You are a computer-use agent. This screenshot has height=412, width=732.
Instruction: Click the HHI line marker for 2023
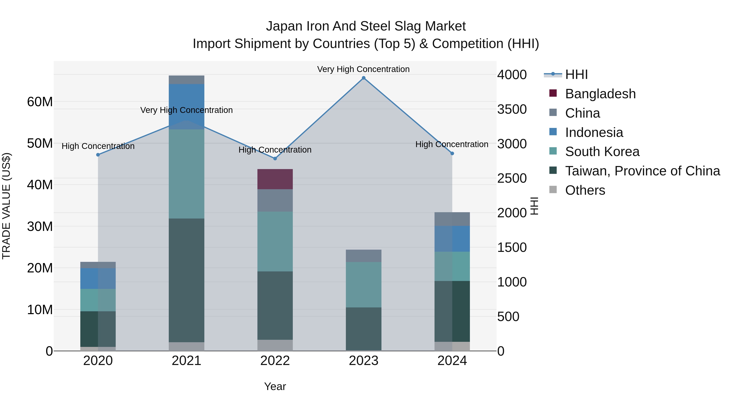(x=363, y=78)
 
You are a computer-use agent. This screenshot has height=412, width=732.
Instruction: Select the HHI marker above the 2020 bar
(x=98, y=155)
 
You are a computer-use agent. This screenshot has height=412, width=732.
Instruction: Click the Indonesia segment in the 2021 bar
(x=186, y=107)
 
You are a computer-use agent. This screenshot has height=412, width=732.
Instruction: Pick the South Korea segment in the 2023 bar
(x=363, y=285)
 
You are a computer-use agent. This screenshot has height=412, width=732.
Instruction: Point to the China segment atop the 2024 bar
(x=452, y=219)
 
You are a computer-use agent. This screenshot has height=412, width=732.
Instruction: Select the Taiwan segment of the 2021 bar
(x=186, y=280)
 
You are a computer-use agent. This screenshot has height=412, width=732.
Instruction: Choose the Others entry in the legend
(x=585, y=190)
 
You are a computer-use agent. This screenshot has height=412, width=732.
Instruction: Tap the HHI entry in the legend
(x=576, y=74)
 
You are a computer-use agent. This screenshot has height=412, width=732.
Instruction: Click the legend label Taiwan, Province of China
(x=642, y=171)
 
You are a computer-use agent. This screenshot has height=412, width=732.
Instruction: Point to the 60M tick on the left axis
(x=40, y=102)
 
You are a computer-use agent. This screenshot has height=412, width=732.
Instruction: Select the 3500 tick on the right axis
(x=512, y=109)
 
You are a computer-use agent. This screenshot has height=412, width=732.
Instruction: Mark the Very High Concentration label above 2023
(x=363, y=69)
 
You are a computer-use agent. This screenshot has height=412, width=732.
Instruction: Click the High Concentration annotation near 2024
(x=452, y=144)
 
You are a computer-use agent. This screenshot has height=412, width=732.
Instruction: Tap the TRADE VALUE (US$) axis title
(x=6, y=206)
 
